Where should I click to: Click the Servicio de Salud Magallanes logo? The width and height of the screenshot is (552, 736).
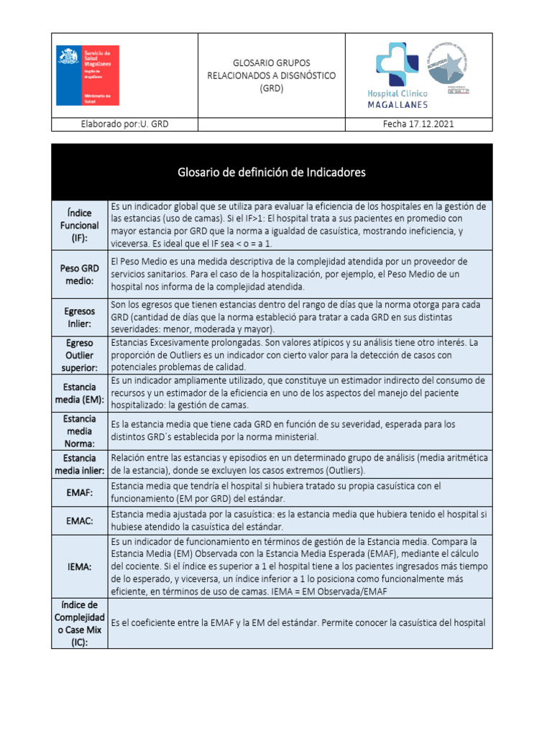tap(88, 75)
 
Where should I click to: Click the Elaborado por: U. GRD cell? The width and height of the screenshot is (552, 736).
tap(124, 124)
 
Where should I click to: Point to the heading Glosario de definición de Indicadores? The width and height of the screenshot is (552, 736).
tap(272, 172)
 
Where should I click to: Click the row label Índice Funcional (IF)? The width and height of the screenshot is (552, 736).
tap(79, 225)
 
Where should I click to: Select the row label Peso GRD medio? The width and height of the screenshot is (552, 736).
tap(79, 275)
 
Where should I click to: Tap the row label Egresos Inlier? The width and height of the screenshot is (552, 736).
tap(79, 317)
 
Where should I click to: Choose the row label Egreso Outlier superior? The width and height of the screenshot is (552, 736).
tap(79, 356)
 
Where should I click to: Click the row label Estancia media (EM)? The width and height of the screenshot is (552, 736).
tap(79, 392)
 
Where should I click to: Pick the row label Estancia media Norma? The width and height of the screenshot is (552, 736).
tap(79, 431)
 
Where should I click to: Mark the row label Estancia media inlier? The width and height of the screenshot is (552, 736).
tap(79, 464)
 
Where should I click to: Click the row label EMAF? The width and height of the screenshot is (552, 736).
tap(79, 493)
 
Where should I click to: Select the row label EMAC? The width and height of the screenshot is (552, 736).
tap(79, 520)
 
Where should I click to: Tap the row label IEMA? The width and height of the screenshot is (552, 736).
tap(79, 566)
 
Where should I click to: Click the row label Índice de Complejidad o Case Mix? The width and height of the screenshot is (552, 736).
tap(79, 622)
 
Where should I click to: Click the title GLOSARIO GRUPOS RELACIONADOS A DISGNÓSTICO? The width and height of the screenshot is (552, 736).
tap(272, 75)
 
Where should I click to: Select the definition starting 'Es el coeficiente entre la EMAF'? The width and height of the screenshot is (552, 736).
tap(298, 623)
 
